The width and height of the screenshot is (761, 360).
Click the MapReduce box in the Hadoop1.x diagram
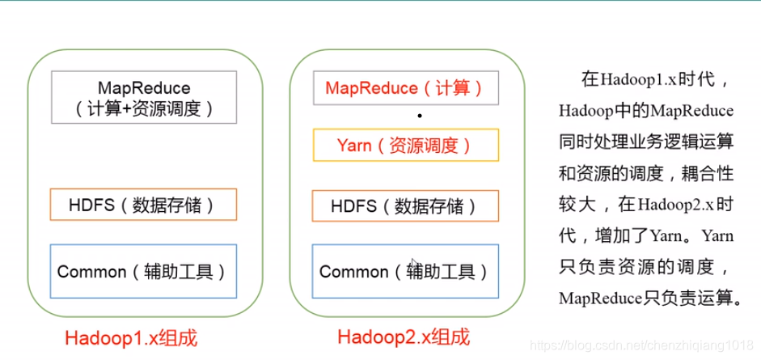[x=144, y=97]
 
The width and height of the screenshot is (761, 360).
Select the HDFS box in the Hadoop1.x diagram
[x=143, y=204]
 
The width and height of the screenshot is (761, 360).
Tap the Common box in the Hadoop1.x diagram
[x=143, y=271]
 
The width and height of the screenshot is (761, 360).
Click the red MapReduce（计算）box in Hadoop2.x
[x=406, y=88]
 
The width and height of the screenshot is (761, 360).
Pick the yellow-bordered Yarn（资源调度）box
[x=406, y=145]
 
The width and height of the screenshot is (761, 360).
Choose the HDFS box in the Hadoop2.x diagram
[x=406, y=205]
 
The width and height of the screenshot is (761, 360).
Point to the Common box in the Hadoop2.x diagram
[x=405, y=271]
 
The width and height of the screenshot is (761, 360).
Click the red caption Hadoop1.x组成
[x=132, y=338]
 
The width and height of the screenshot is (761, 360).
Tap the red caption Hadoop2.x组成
[x=404, y=337]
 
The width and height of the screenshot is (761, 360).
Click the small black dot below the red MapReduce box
[x=420, y=116]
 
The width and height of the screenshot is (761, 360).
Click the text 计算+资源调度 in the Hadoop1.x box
[x=144, y=108]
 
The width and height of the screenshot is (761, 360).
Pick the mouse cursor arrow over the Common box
[x=414, y=264]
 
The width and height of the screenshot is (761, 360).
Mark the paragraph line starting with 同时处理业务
[x=646, y=142]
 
